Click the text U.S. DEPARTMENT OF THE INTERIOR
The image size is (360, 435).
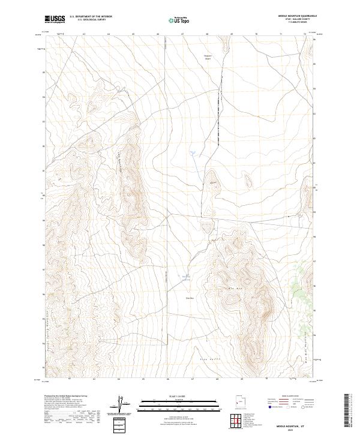pyautogui.click(x=91, y=17)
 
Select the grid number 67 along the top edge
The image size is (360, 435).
pyautogui.click(x=182, y=34)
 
